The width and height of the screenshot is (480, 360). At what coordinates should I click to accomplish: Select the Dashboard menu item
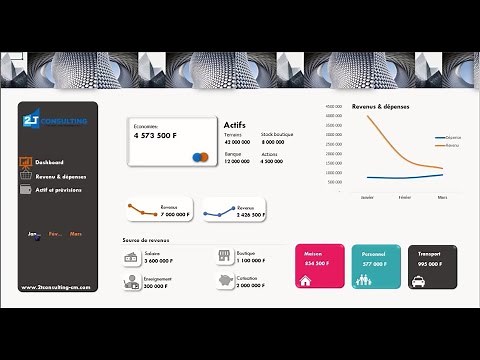click(x=49, y=162)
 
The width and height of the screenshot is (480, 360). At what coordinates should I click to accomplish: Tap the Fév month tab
click(x=55, y=234)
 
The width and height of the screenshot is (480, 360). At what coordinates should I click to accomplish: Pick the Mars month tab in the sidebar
click(x=76, y=234)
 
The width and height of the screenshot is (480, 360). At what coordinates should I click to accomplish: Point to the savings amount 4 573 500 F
click(x=156, y=134)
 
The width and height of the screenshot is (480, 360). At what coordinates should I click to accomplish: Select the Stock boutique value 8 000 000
click(x=272, y=142)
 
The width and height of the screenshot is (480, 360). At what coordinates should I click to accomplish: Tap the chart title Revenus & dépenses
click(x=381, y=106)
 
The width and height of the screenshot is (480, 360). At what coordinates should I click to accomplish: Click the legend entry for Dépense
click(x=449, y=137)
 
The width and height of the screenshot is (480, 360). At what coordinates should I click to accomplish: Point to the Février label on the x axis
click(x=403, y=197)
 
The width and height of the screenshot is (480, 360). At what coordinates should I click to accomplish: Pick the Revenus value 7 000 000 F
click(x=176, y=214)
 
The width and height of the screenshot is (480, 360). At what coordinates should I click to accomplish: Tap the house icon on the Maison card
click(x=306, y=281)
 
